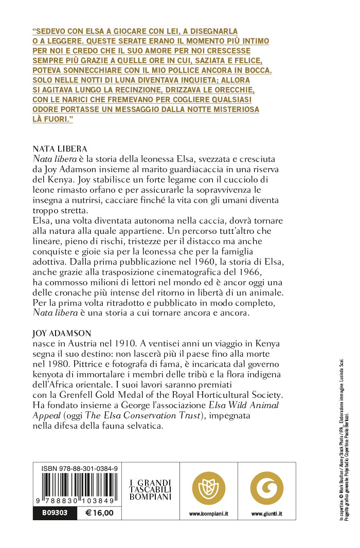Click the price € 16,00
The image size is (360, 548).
coord(99,513)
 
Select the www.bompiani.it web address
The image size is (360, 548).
coord(208,514)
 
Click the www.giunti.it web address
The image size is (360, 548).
coord(266,514)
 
